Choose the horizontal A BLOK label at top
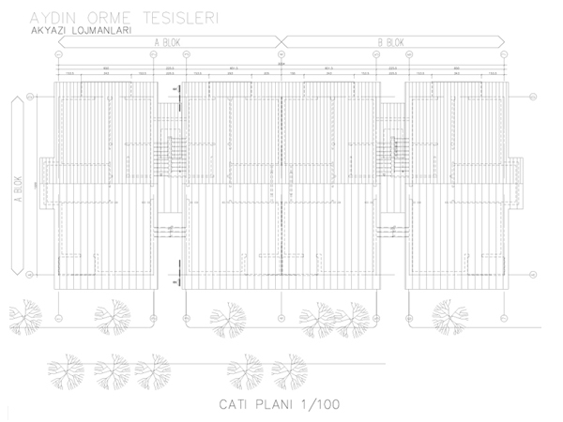(169, 42)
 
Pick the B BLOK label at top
(390, 42)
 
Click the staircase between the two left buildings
(169, 150)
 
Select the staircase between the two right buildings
(390, 150)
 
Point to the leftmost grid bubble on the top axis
(58, 53)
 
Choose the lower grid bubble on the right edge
(531, 274)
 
